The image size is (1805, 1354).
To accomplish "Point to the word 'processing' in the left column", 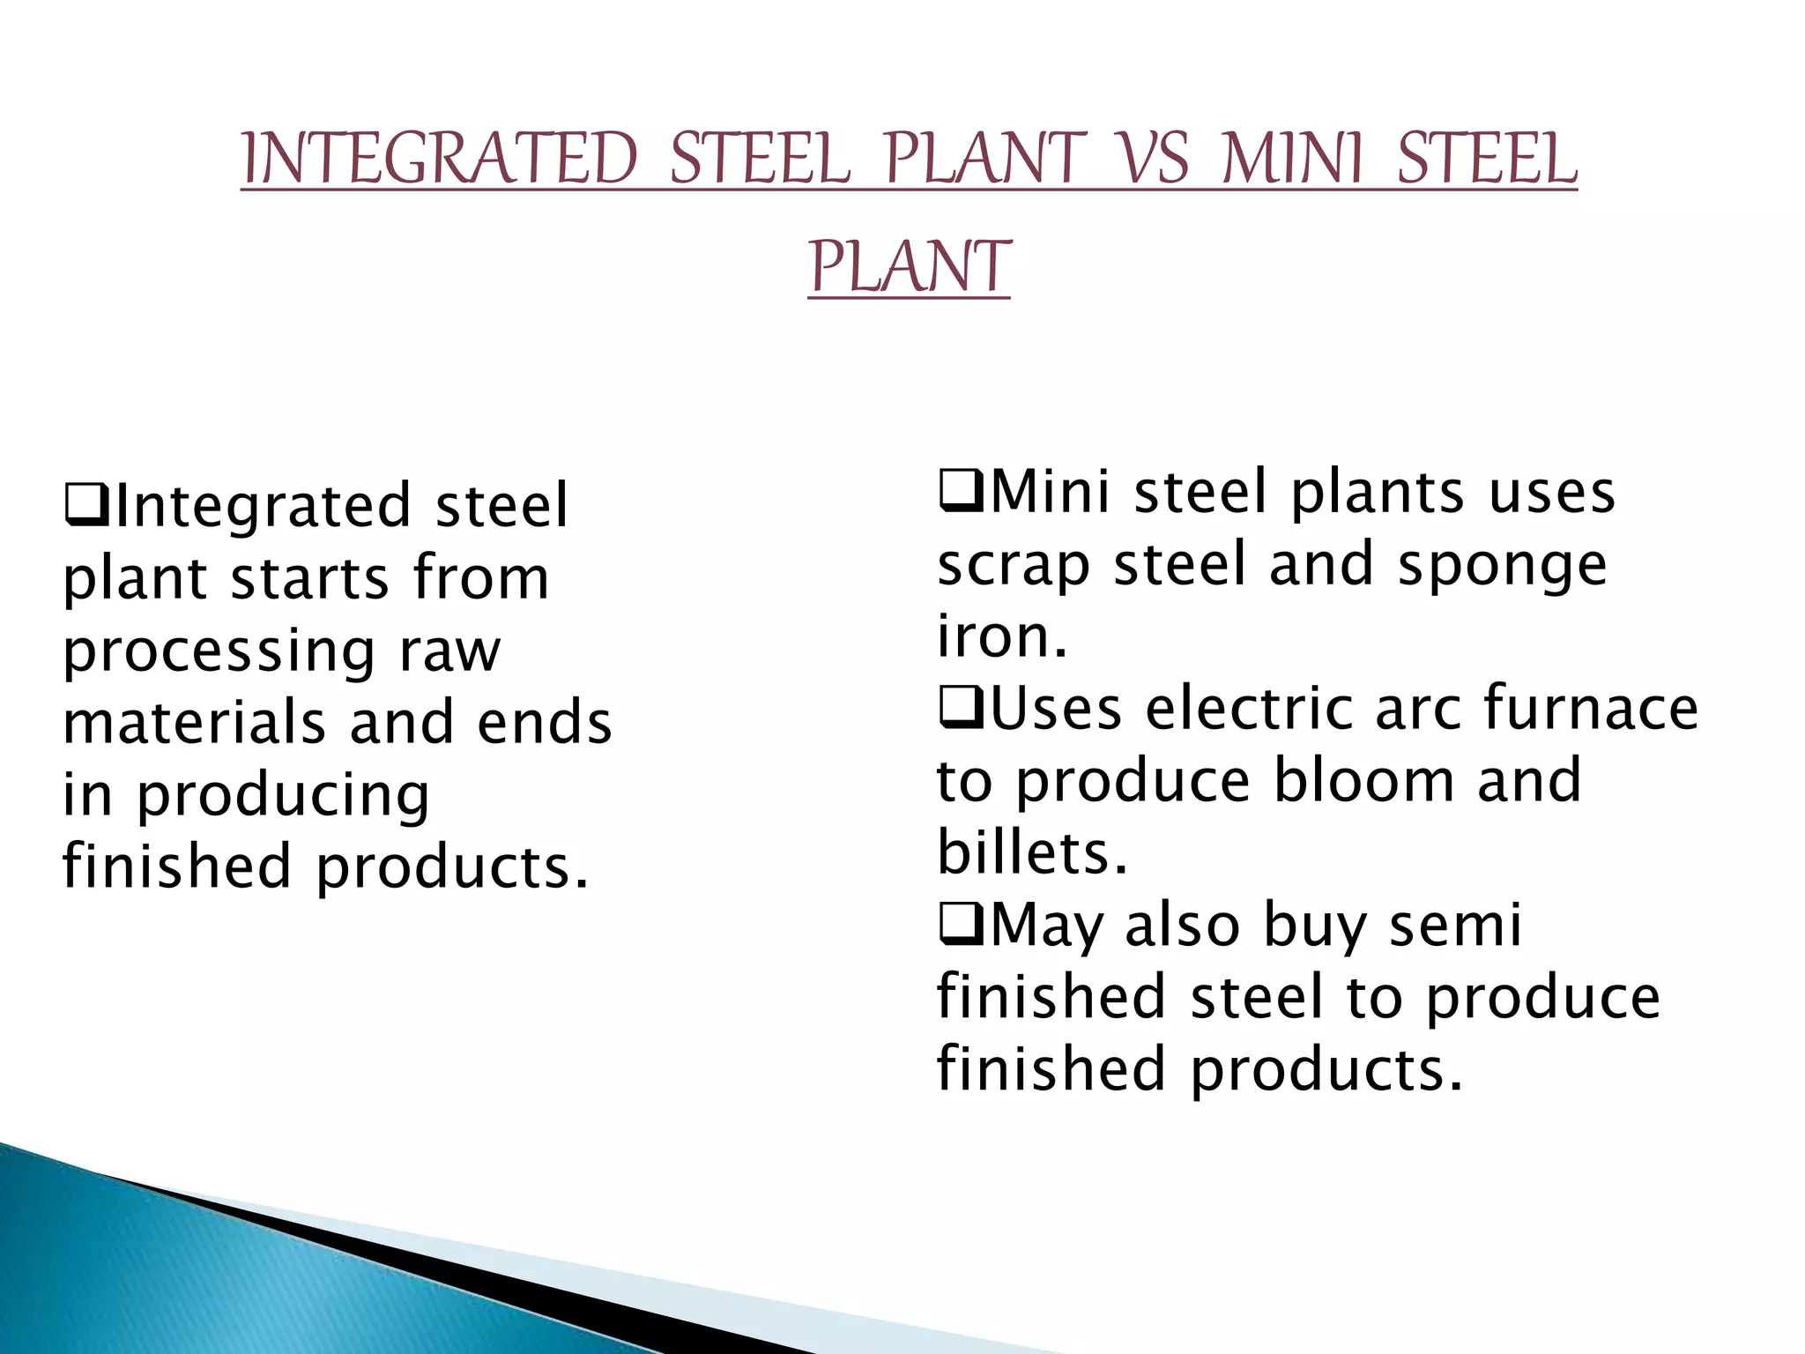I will click(x=219, y=653).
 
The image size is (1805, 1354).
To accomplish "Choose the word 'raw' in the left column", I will click(x=449, y=653).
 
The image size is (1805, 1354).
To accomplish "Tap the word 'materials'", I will click(x=195, y=723).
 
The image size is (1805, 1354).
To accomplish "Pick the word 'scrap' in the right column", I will click(x=1013, y=566).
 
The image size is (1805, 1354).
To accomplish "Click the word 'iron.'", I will click(x=1001, y=636).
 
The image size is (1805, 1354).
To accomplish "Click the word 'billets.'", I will click(x=1031, y=853).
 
